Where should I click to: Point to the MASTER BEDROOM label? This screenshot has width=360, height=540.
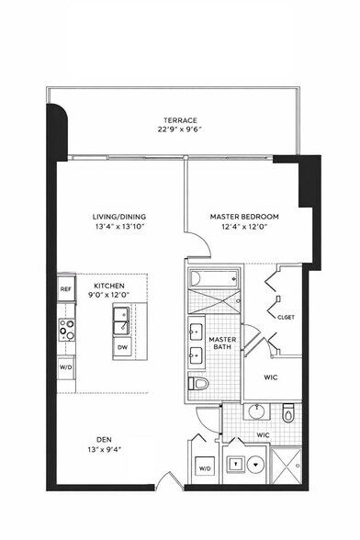pos(244,217)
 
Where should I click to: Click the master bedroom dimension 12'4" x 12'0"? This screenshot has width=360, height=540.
pos(244,227)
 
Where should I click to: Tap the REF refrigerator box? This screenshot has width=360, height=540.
pos(65,289)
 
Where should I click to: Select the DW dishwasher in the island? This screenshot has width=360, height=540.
pos(123,347)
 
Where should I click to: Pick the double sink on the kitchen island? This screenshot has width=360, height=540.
pos(123,320)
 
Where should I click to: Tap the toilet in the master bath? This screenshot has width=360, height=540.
pos(199,383)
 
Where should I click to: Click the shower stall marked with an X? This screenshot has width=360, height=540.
pos(296,464)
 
